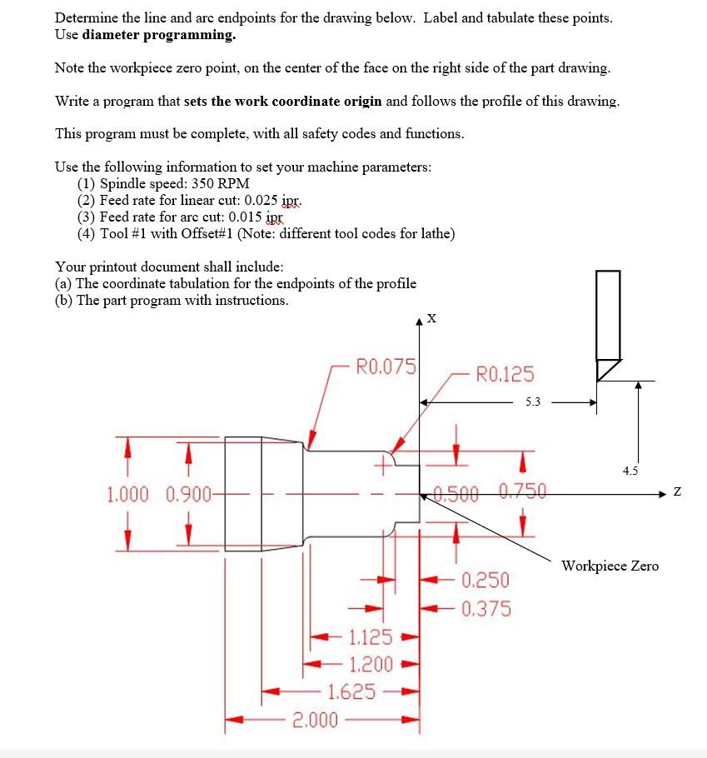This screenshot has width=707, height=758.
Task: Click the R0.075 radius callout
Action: coord(386,366)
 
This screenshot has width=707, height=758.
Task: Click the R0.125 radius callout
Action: coord(505,374)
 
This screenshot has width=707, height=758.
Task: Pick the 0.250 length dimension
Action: coord(485,580)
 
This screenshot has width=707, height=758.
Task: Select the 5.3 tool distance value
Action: coord(532,401)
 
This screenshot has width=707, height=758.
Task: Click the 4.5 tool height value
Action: coord(630,471)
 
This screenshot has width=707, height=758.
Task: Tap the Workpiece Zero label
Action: coord(610,566)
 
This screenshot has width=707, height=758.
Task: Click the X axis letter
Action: coord(430,317)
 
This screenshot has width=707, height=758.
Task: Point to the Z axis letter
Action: coord(677,493)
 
